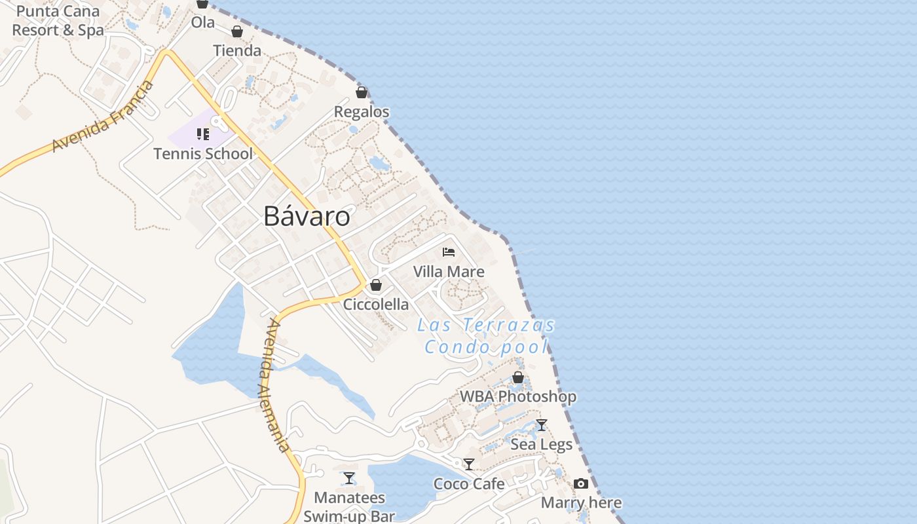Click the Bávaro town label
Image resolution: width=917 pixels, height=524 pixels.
[307, 216]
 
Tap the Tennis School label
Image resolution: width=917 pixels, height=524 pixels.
[203, 154]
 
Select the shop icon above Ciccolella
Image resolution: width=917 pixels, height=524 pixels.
[376, 285]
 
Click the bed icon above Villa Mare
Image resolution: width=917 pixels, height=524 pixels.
[449, 252]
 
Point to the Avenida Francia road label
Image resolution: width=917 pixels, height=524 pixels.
[103, 117]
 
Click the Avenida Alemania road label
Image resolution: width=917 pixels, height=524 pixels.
[274, 385]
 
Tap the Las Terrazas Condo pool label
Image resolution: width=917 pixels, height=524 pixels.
[486, 335]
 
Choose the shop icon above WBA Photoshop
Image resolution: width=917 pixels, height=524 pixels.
[518, 377]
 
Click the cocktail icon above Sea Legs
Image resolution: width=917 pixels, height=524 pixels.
[541, 425]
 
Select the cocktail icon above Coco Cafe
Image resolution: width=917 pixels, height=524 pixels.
[469, 464]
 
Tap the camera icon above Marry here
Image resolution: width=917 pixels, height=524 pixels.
[581, 484]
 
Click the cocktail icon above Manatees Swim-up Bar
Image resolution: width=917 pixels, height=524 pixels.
[349, 478]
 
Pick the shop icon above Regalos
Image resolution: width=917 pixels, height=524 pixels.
[362, 92]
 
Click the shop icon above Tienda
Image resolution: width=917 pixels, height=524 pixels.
[237, 31]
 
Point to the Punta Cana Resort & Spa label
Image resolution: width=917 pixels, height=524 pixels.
[58, 21]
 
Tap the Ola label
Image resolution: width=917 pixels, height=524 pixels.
[203, 22]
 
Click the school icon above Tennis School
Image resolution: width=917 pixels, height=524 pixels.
[203, 134]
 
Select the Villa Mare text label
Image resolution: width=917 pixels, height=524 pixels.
[449, 272]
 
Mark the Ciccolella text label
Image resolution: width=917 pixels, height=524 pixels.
[376, 305]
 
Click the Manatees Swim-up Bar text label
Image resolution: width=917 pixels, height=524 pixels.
[349, 507]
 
